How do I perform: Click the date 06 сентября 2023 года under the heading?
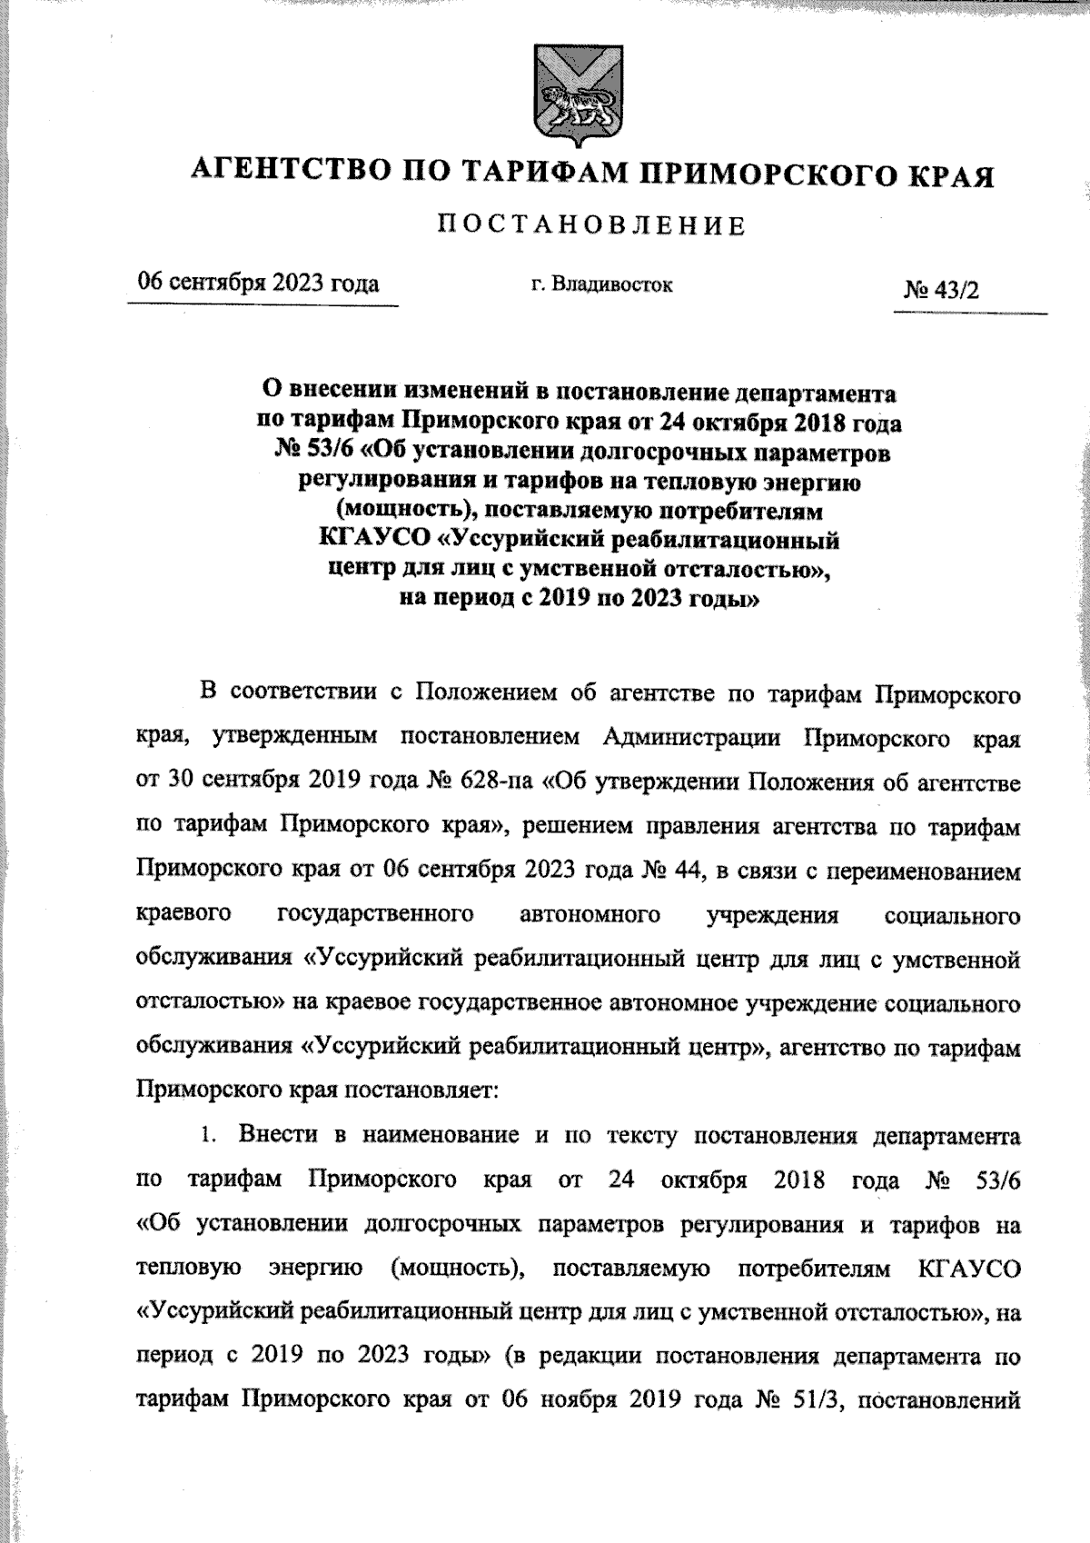[x=258, y=284]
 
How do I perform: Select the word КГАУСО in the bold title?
[x=372, y=541]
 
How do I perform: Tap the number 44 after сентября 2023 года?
[x=682, y=870]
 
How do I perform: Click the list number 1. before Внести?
[x=210, y=1135]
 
